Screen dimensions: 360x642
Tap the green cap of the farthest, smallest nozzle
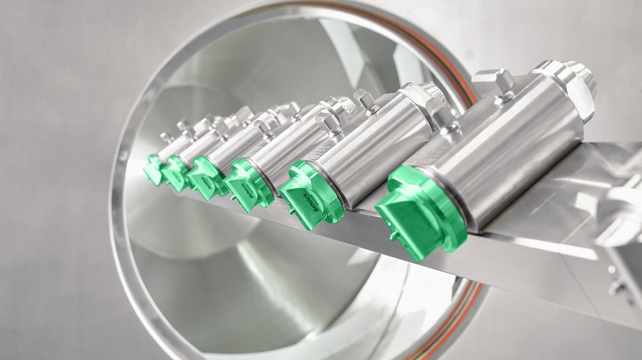coord(153,169)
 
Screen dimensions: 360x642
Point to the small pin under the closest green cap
coord(393,236)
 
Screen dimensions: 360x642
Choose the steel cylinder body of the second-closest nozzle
coord(380,143)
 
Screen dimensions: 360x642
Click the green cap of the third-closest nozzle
coord(248,184)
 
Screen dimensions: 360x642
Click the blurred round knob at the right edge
coord(618,214)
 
